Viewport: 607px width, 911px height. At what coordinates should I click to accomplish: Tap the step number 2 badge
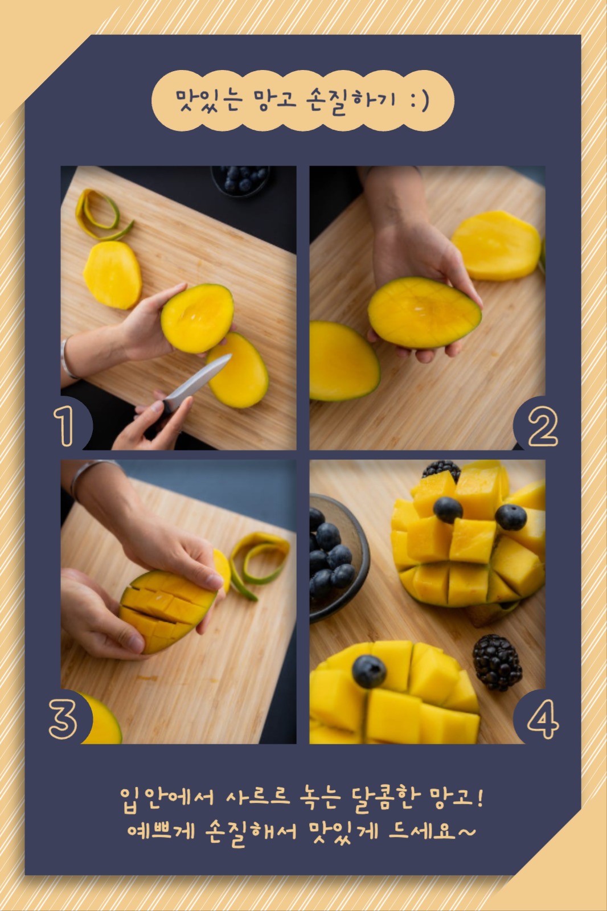pyautogui.click(x=543, y=426)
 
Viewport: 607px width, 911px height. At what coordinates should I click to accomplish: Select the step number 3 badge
pyautogui.click(x=63, y=719)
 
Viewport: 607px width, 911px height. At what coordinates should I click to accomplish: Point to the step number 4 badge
pyautogui.click(x=543, y=719)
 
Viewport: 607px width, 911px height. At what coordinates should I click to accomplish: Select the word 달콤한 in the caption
pyautogui.click(x=384, y=799)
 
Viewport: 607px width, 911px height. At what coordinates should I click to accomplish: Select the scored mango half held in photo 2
pyautogui.click(x=424, y=313)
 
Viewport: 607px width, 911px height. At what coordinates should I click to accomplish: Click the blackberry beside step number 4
pyautogui.click(x=497, y=663)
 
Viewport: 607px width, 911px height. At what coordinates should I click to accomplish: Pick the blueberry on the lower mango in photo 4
pyautogui.click(x=368, y=671)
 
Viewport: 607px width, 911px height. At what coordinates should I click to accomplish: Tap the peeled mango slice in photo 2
pyautogui.click(x=497, y=245)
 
